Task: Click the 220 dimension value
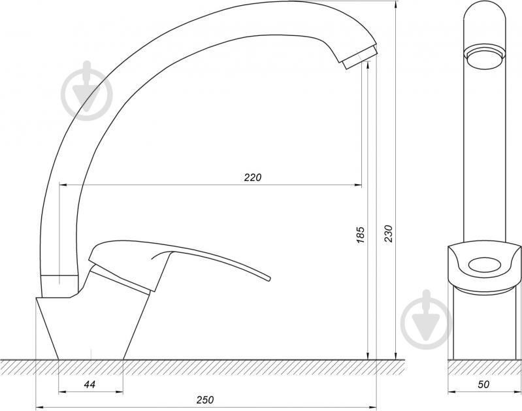(x=253, y=178)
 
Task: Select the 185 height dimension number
(x=361, y=235)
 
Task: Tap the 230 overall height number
(x=389, y=233)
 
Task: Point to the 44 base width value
(x=90, y=385)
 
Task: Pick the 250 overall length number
(x=205, y=400)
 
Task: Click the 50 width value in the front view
(x=483, y=384)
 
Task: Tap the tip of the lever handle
(x=269, y=278)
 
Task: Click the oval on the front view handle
(x=484, y=265)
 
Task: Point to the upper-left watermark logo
(x=87, y=91)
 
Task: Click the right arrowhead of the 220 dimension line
(x=358, y=184)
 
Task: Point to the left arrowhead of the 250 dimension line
(x=39, y=406)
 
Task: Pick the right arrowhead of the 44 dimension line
(x=120, y=392)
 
